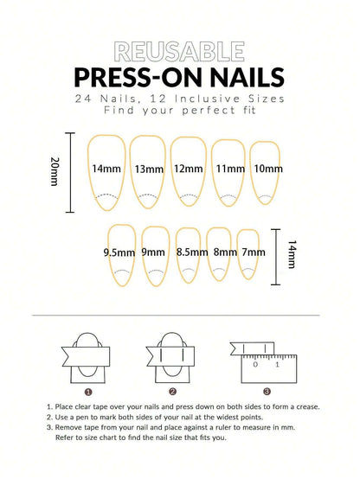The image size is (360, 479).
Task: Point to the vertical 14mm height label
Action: pyautogui.click(x=292, y=257)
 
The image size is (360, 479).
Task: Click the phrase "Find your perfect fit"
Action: pyautogui.click(x=179, y=110)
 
